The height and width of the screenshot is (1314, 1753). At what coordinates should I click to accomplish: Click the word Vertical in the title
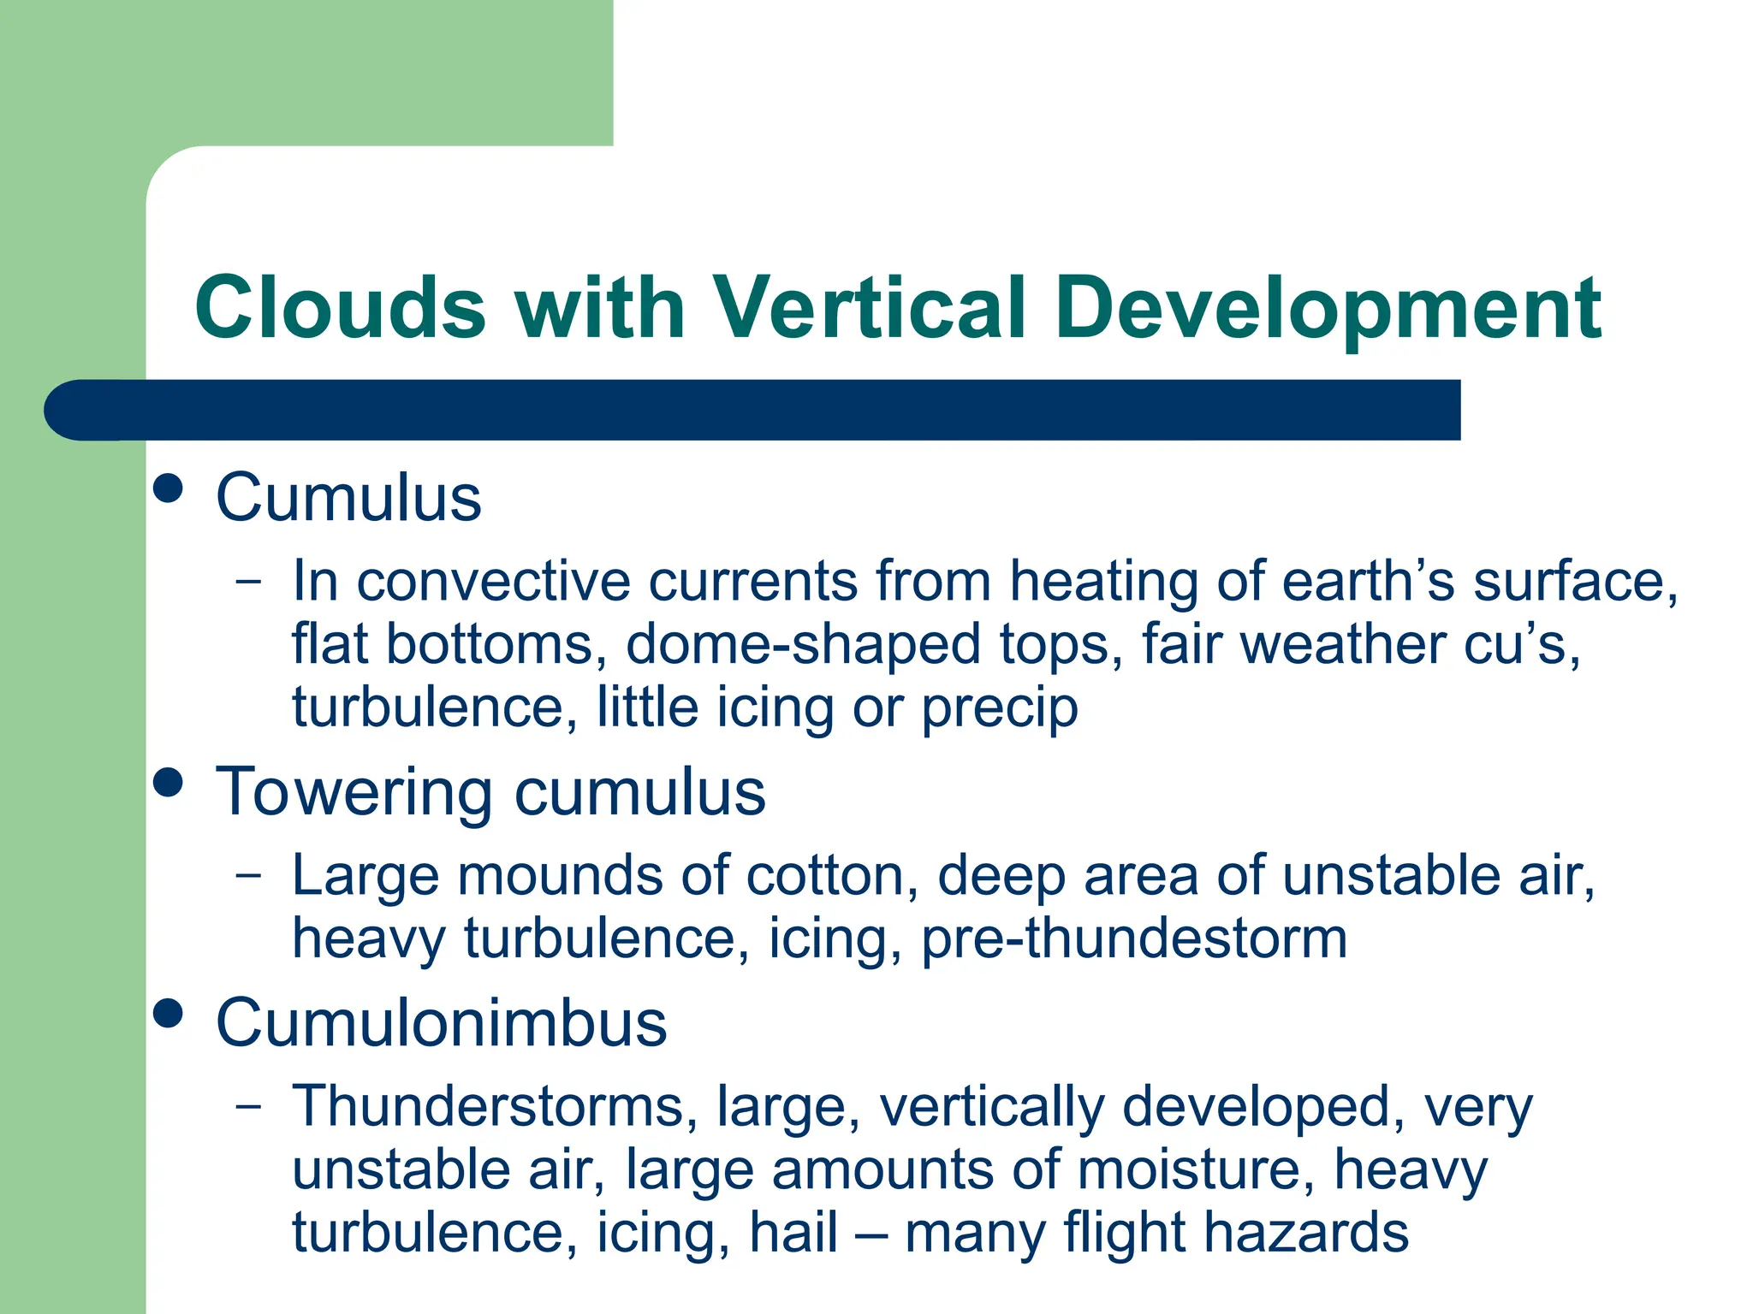tap(868, 308)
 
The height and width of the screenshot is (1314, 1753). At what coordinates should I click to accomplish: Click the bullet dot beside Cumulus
tap(169, 488)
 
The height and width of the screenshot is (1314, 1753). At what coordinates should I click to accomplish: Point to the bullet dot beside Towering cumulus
tap(169, 782)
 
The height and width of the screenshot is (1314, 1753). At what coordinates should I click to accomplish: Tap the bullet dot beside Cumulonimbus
tap(169, 1013)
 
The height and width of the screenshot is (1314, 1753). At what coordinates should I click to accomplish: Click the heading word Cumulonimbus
tap(441, 1023)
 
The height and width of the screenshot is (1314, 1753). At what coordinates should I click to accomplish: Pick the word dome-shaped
tap(803, 645)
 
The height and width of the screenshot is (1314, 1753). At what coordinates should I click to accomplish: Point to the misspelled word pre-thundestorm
tap(1134, 939)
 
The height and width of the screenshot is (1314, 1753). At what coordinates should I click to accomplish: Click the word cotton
tap(825, 876)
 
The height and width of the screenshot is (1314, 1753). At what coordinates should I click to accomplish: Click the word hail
tap(793, 1234)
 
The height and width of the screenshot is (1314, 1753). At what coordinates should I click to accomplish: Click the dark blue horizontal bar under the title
tap(770, 410)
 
